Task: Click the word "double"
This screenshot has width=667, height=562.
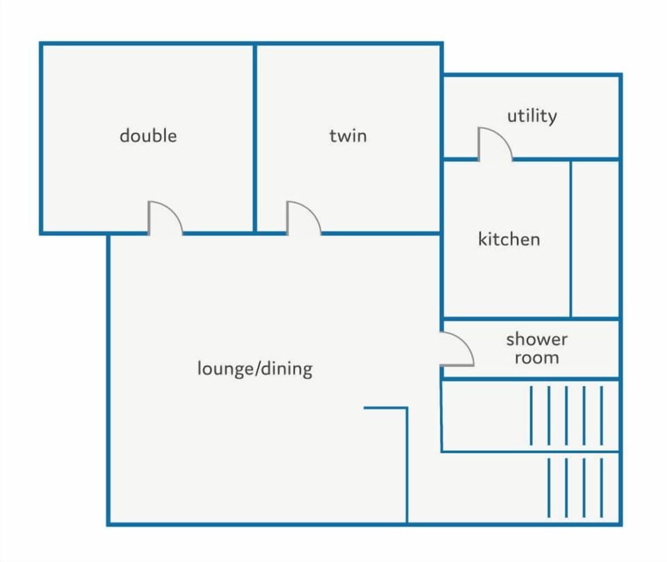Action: (x=148, y=135)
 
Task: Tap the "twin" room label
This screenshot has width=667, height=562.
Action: (x=348, y=135)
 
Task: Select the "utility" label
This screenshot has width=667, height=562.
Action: (x=532, y=116)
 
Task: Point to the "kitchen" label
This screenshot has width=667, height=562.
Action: (x=509, y=239)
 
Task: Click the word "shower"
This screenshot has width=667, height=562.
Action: (x=537, y=339)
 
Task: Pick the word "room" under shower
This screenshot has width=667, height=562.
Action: (x=537, y=358)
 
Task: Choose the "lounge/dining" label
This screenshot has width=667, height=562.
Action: (x=255, y=368)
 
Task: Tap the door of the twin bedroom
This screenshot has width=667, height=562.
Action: (x=304, y=217)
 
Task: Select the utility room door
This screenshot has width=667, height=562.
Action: (x=495, y=144)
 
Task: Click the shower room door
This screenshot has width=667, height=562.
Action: (x=457, y=349)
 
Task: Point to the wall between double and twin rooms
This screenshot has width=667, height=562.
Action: (x=255, y=138)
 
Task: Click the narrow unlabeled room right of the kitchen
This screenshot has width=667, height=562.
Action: (x=595, y=239)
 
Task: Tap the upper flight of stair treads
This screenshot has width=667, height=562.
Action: (x=566, y=415)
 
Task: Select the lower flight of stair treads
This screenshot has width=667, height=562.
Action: (x=575, y=487)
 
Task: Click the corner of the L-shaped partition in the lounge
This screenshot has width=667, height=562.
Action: (x=407, y=408)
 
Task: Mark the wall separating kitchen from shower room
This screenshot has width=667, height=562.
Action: (x=531, y=318)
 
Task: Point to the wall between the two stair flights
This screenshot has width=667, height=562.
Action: (x=530, y=452)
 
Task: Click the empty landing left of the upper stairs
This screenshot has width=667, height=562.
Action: (x=486, y=416)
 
